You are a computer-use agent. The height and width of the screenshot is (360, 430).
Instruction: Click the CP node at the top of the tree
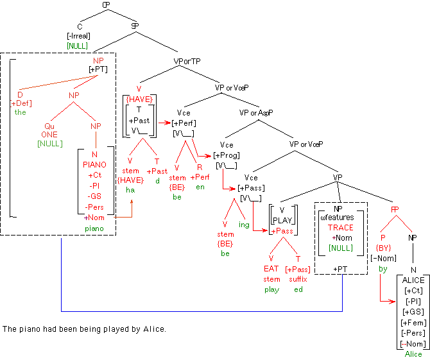[107, 5]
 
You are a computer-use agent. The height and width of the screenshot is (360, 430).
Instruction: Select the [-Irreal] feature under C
[78, 37]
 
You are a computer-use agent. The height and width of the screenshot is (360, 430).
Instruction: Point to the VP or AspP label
[256, 112]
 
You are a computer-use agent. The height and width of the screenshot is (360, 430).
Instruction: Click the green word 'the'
[21, 112]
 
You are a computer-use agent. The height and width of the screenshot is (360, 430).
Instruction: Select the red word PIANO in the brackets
[95, 165]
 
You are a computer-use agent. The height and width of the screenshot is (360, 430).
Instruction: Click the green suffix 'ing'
[243, 225]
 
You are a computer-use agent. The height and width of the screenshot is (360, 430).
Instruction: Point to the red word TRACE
[340, 227]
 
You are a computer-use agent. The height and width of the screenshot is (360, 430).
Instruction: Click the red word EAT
[271, 270]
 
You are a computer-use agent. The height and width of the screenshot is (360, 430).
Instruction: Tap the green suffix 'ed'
[298, 289]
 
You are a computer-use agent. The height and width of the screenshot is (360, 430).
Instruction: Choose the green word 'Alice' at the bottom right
[413, 354]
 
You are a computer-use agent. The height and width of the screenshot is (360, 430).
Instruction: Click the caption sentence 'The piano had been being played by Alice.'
[84, 329]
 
